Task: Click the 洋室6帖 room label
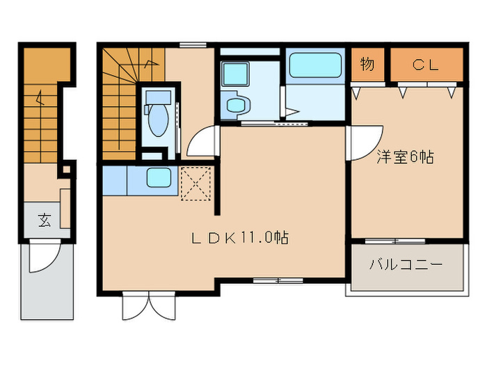pyautogui.click(x=406, y=158)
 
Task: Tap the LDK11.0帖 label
pyautogui.click(x=240, y=238)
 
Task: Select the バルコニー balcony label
pyautogui.click(x=406, y=266)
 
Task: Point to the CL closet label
pyautogui.click(x=425, y=65)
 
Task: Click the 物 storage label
pyautogui.click(x=367, y=65)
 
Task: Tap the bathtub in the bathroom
pyautogui.click(x=316, y=67)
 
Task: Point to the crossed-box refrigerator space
pyautogui.click(x=195, y=183)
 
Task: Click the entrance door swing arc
pyautogui.click(x=42, y=259)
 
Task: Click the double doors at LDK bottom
pyautogui.click(x=148, y=303)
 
